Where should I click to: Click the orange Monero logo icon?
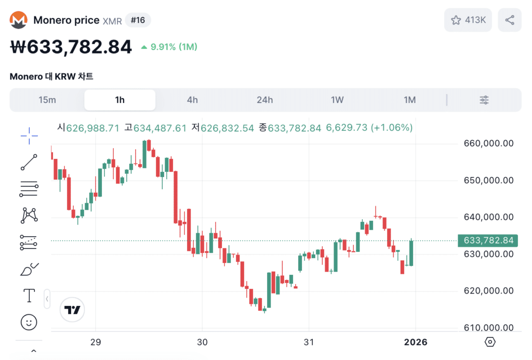19,20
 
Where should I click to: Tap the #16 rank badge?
138,20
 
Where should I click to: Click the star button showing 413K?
468,20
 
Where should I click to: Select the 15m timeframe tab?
47,100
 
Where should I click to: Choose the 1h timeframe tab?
120,100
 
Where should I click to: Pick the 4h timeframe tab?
192,100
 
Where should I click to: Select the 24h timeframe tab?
265,100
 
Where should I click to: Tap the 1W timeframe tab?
337,100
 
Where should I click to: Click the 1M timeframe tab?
410,100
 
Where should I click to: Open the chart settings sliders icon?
484,100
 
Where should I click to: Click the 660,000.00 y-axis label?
488,143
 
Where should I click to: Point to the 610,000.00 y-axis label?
488,328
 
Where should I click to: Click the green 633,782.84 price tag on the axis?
488,241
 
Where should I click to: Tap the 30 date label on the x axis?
203,342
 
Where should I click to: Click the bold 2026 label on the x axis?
416,342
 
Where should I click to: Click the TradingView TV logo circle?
72,310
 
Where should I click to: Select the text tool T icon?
29,296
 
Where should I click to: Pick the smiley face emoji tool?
29,323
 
